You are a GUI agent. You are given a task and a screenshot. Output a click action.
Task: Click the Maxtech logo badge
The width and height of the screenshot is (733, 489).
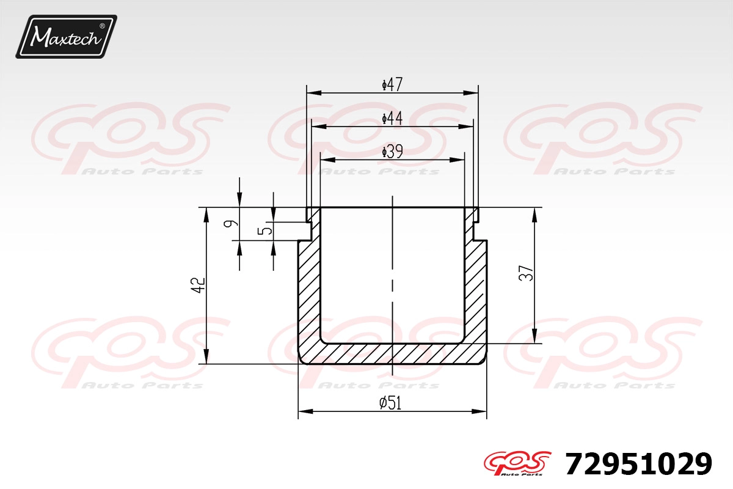pos(66,37)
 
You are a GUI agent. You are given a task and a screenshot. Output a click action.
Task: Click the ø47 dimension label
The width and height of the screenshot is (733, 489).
pos(392,84)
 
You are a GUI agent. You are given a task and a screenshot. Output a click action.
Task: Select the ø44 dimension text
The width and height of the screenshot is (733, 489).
pos(392,118)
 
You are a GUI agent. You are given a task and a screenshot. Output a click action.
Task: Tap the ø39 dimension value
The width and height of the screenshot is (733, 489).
pos(392,152)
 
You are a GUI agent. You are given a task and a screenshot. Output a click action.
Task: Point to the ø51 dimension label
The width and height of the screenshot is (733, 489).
pos(390,403)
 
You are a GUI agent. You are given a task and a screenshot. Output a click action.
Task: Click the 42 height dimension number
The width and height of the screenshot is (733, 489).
pos(199,285)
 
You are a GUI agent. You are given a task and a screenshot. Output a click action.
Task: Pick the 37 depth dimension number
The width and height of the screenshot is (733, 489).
pos(526,273)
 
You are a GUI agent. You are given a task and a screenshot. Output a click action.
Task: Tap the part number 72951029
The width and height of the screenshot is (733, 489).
pos(638,464)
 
